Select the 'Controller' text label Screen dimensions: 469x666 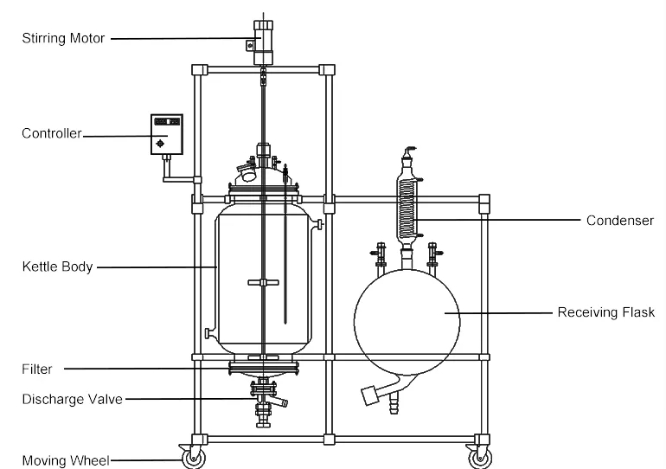(51, 133)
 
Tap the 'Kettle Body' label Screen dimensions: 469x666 (56, 267)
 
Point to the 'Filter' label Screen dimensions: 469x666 (37, 369)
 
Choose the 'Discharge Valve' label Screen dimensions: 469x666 (72, 399)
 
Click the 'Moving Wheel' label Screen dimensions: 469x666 (66, 460)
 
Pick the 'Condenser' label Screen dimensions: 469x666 (619, 221)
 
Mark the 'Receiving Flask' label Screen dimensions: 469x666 (612, 312)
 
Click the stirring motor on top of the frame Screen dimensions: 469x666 (262, 42)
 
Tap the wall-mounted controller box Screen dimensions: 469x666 (167, 133)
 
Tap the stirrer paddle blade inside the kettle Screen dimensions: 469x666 (260, 281)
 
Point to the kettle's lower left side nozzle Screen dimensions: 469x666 (208, 333)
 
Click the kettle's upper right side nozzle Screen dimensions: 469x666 (319, 226)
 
